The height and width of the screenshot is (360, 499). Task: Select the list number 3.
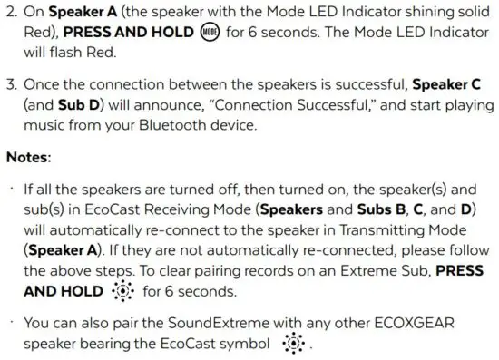pyautogui.click(x=12, y=84)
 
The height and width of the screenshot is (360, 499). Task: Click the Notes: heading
pyautogui.click(x=29, y=157)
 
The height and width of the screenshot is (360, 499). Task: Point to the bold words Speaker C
pyautogui.click(x=446, y=84)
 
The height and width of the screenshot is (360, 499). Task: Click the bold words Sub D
pyautogui.click(x=53, y=104)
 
